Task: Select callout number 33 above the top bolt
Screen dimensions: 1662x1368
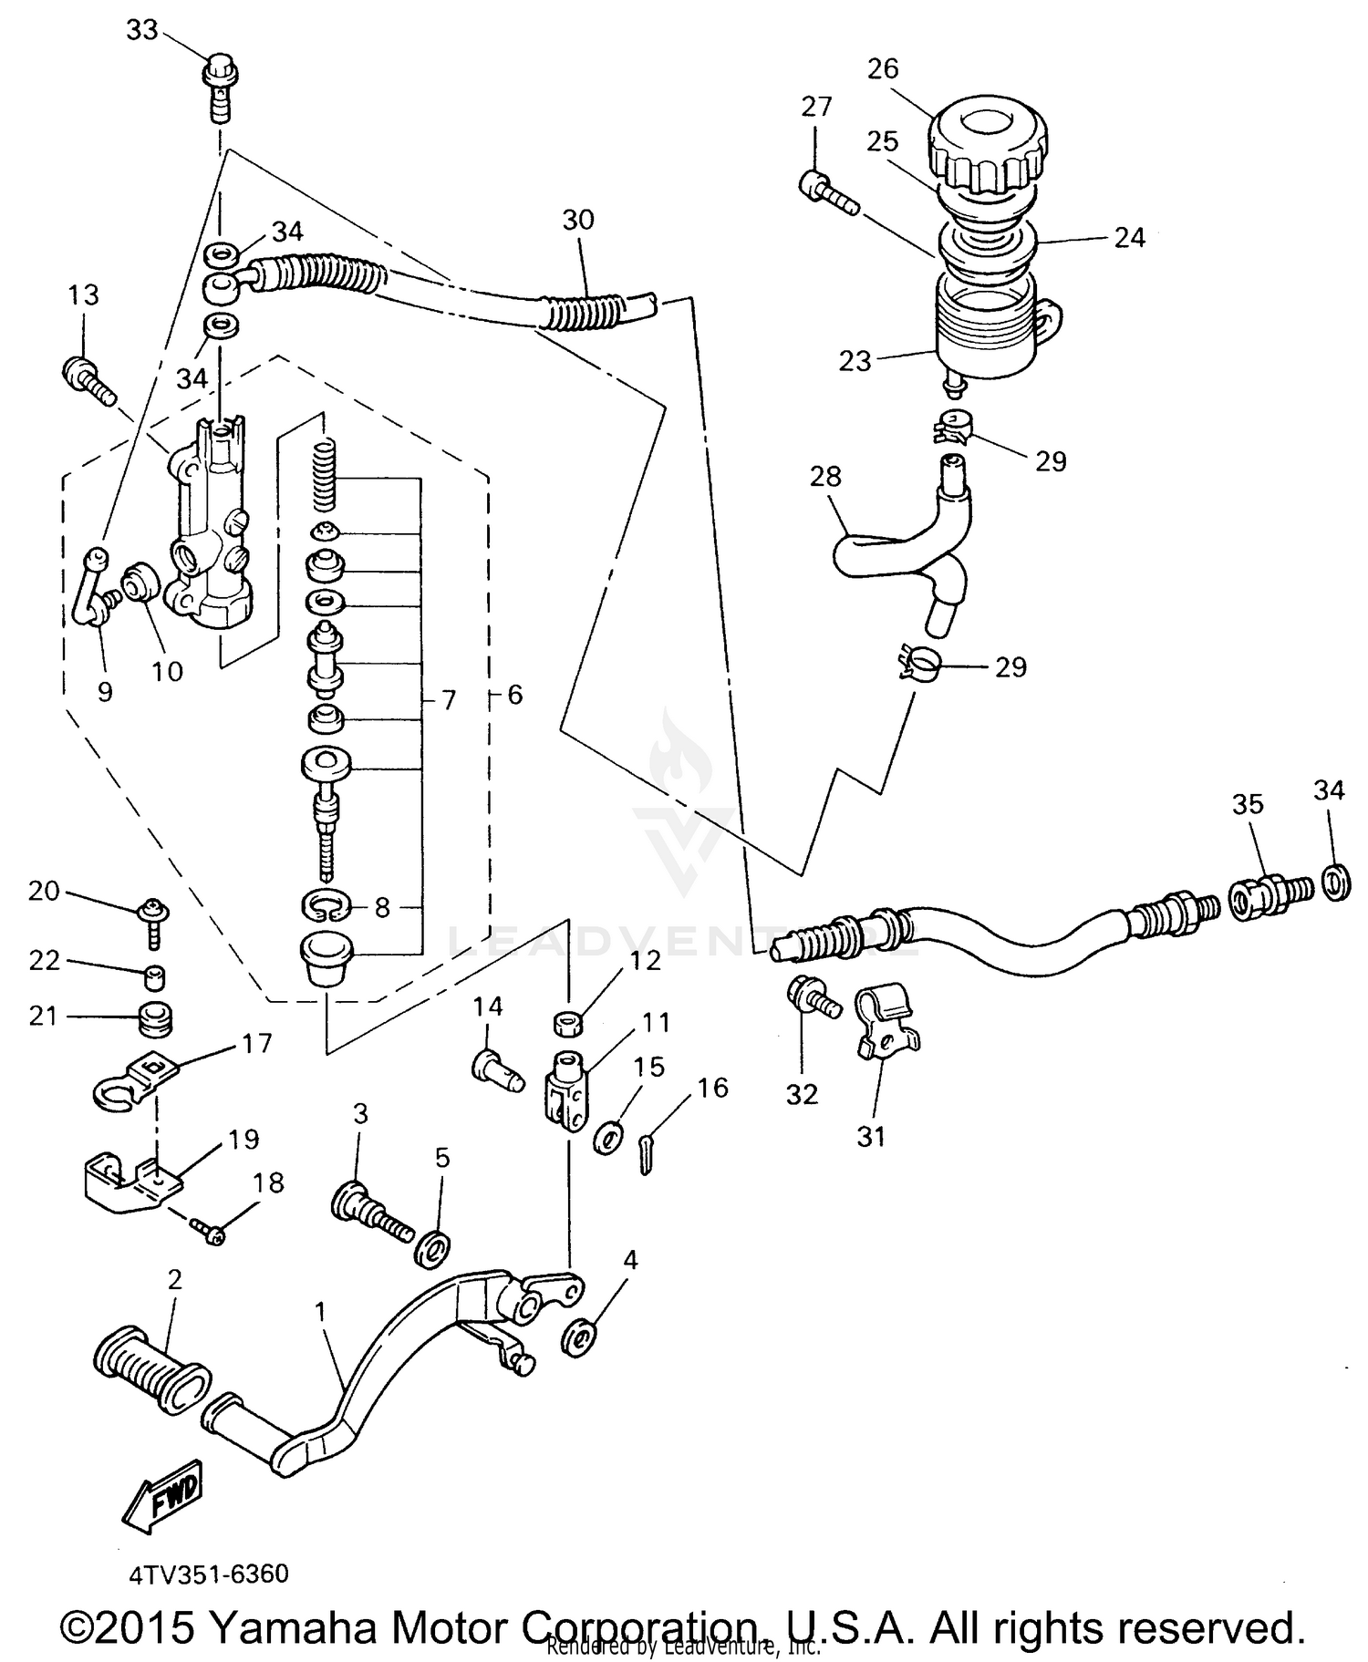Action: [x=142, y=30]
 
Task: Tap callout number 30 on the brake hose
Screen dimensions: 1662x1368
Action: [x=578, y=220]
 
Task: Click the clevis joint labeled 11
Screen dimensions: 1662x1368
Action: [x=566, y=1089]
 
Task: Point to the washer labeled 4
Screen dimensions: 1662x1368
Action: [x=579, y=1338]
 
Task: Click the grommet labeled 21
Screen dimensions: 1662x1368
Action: [x=154, y=1017]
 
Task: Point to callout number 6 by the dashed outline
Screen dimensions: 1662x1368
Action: [x=515, y=696]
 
